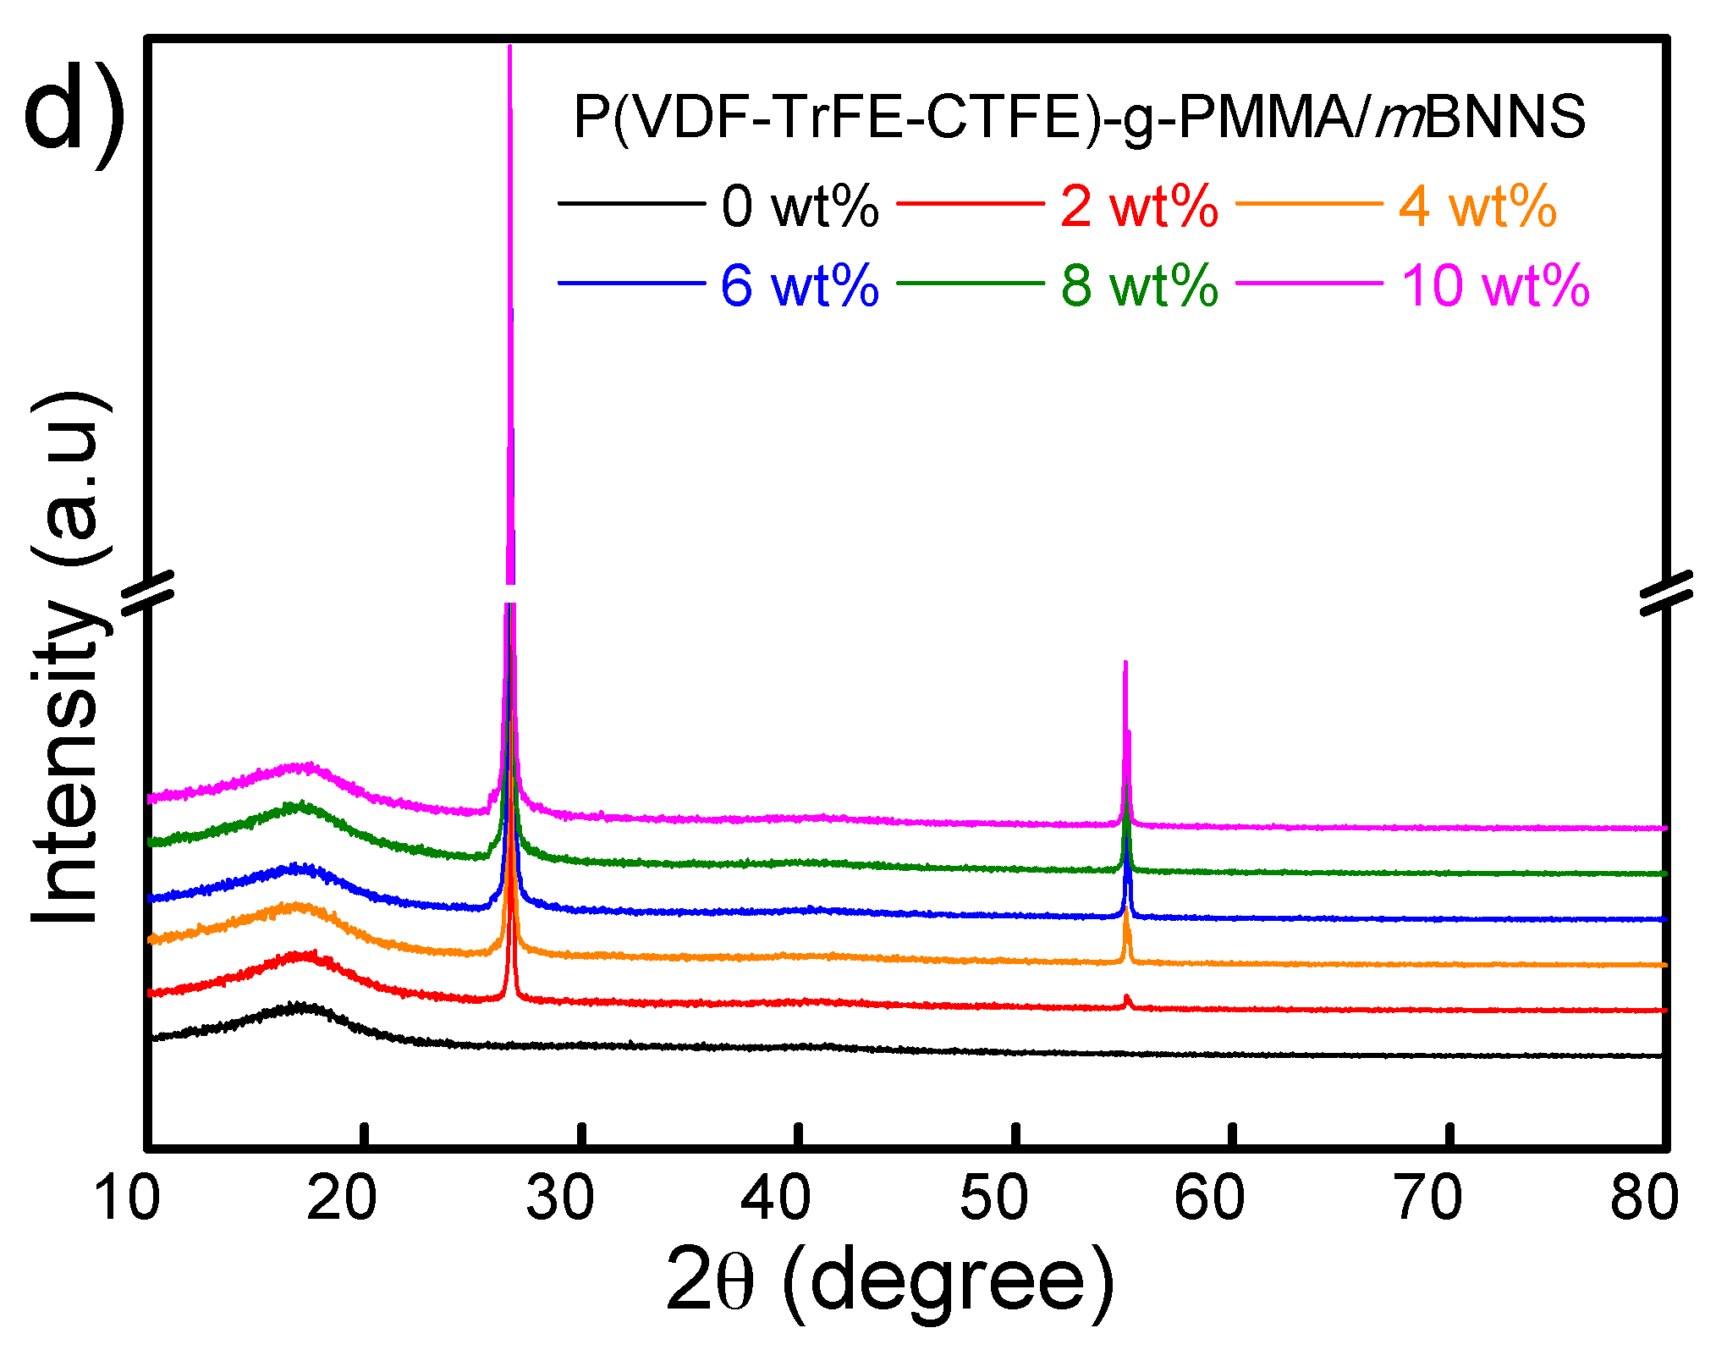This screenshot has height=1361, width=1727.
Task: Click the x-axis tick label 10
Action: (127, 1199)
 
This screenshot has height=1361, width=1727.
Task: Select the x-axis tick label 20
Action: (341, 1199)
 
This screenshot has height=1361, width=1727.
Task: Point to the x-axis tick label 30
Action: (559, 1199)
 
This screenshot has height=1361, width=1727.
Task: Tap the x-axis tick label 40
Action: (776, 1199)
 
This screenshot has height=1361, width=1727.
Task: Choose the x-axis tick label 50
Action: (993, 1199)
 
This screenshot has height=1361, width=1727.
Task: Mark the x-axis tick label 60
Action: (1210, 1199)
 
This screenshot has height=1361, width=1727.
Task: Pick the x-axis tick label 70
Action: (1428, 1199)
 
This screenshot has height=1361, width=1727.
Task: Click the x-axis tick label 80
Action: (1644, 1199)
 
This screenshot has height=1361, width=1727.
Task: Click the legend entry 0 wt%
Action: (800, 206)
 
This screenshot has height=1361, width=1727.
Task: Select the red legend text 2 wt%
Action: (1139, 206)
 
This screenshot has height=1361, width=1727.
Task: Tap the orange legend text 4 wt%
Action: (1477, 206)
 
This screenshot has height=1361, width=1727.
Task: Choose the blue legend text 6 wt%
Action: (800, 285)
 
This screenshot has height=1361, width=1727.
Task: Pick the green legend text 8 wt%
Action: (1139, 285)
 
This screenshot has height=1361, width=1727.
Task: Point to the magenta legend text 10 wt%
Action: (1495, 285)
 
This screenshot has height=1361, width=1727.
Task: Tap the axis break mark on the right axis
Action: (1666, 592)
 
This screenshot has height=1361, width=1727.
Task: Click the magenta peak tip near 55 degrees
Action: (1125, 664)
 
